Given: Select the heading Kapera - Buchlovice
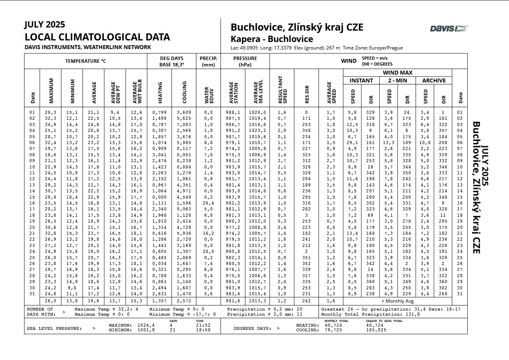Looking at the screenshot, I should [x=272, y=39].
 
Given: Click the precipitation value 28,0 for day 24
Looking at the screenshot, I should [x=208, y=252].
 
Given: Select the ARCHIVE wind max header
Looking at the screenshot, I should [x=434, y=80].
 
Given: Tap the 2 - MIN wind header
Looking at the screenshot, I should [x=397, y=80].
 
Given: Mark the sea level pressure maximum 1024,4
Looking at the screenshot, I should [x=146, y=325].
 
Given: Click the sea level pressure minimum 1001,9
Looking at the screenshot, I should [x=146, y=330].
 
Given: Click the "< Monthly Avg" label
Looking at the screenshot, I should [x=397, y=301].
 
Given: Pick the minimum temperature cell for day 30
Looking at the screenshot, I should [x=72, y=288].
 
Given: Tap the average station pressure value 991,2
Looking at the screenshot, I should [x=233, y=130].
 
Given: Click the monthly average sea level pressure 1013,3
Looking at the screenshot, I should [x=257, y=301].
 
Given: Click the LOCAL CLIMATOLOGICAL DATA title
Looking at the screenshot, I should [x=97, y=37].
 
